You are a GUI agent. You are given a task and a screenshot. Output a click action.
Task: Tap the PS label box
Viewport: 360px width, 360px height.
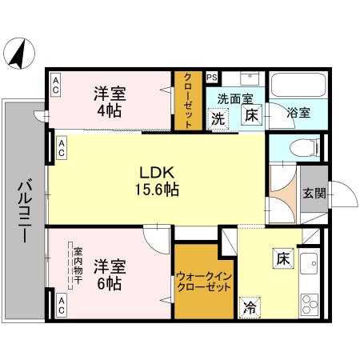click(x=211, y=78)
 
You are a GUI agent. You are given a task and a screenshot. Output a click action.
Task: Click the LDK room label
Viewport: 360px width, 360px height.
click(x=157, y=174)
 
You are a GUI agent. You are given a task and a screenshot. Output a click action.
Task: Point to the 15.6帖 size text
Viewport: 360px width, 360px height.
click(x=156, y=190)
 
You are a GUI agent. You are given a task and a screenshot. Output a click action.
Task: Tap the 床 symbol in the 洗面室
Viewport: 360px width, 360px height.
click(x=251, y=115)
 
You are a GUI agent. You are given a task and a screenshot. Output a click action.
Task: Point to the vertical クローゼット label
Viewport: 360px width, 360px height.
click(x=188, y=101)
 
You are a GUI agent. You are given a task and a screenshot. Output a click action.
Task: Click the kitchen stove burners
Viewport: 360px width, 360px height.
click(x=310, y=304)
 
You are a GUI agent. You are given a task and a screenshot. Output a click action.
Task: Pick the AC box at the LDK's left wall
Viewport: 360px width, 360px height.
click(x=62, y=146)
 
